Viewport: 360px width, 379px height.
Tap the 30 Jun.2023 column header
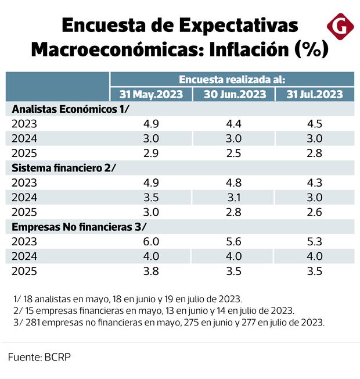[x=235, y=94]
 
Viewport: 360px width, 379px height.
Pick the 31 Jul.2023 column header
[x=315, y=94]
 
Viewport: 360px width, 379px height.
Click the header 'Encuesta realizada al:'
[x=232, y=80]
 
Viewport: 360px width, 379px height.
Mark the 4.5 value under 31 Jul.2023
[x=315, y=124]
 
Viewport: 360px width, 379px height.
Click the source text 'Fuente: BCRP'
[x=39, y=357]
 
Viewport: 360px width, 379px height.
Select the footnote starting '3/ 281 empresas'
[x=168, y=321]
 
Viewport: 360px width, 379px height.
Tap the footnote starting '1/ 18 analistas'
[x=127, y=299]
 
